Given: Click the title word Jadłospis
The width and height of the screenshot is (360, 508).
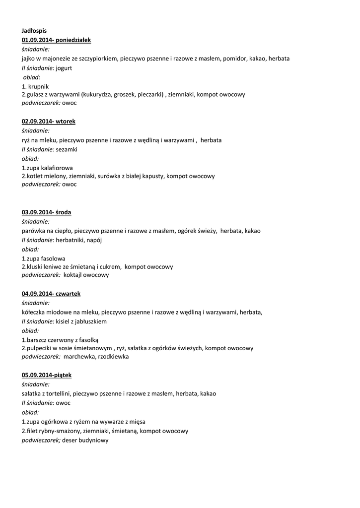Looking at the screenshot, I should coord(34,31).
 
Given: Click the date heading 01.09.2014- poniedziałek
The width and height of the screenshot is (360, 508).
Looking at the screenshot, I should coord(56,40).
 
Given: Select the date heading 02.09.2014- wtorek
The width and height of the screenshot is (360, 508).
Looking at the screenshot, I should coord(48,121).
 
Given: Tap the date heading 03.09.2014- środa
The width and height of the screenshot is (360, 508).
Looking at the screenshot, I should coord(46,212).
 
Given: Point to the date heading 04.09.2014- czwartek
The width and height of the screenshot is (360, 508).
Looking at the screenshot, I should coord(51,294).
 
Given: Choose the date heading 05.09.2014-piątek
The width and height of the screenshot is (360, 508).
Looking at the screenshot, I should coord(50,375).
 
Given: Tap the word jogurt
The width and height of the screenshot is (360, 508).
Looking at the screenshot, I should coord(64,68).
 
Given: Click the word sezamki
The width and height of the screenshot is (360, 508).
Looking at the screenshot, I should coord(67,149).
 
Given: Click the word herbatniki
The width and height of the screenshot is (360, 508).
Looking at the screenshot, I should coord(70,240).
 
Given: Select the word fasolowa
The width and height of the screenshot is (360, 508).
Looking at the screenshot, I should coord(52,258).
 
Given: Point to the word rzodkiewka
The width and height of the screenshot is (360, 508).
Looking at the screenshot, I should coord(112,356).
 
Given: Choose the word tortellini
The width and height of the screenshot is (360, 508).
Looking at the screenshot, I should coord(58,393).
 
